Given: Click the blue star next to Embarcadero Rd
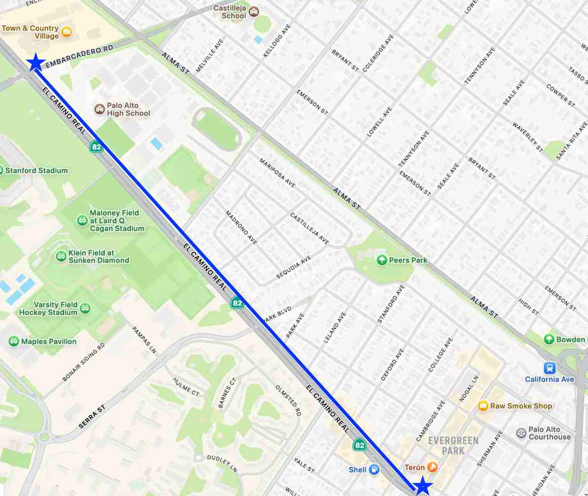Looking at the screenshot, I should coord(35,62).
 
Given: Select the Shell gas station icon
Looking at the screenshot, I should coord(374,470).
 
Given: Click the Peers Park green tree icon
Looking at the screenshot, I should coord(382,260).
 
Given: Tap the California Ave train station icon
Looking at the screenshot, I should coord(549,368).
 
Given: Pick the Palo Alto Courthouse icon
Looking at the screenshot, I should coord(521,433).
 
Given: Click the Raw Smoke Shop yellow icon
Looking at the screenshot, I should coord(483,406).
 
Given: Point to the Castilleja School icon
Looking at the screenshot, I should coord(253,11).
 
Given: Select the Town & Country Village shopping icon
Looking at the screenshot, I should coord(66,33).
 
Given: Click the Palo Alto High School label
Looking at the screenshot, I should coord(128,110).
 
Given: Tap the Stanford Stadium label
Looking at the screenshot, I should coord(36,170).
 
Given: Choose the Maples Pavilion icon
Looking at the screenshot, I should coord(14,341).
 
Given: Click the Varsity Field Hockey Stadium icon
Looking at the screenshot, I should coord(85,308).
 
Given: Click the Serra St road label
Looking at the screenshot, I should coord(92,417).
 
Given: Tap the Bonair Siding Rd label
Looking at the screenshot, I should coord(83,362).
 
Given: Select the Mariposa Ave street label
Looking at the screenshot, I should coord(277,172).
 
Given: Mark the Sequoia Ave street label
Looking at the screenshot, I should coord(293,267).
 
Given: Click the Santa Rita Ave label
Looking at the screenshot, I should coord(571,141).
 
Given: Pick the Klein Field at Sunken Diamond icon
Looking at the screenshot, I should coord(61,256).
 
